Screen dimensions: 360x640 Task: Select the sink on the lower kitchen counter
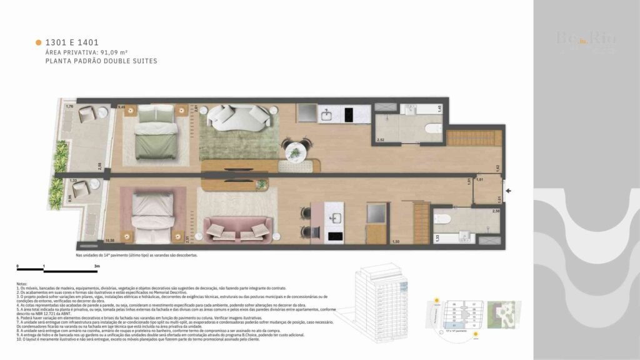334,219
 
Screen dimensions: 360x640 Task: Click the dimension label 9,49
121,107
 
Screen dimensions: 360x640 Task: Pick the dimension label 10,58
111,240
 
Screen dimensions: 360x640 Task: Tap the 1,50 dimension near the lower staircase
395,241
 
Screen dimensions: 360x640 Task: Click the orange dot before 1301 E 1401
39,42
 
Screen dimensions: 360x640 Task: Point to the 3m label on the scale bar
97,267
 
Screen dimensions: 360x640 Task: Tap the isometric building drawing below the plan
382,297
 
